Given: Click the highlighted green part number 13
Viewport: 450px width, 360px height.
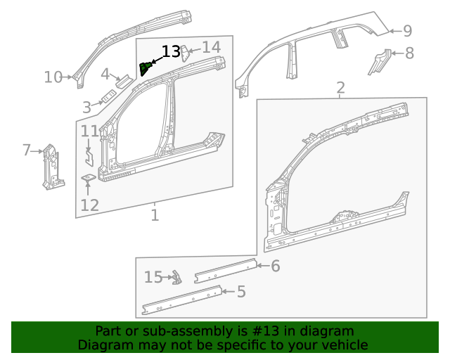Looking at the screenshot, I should [146, 68].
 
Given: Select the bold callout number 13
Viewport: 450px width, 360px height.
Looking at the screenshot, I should [171, 52].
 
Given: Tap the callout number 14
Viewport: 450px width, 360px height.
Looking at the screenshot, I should [211, 47].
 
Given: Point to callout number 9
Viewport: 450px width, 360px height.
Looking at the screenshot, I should [407, 31].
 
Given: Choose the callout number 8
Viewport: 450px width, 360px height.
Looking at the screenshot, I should [409, 53].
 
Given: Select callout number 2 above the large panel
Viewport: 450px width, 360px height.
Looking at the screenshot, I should [340, 88].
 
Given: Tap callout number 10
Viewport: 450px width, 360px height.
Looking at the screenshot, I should [53, 77].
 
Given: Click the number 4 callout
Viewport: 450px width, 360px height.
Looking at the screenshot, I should [105, 75].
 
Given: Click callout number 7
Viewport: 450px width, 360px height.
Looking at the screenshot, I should [27, 150].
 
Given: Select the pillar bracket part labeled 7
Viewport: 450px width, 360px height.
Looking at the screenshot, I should [51, 167].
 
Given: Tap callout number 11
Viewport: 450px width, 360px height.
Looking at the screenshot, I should [89, 131].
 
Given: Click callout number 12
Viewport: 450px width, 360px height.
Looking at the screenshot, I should [89, 205].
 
